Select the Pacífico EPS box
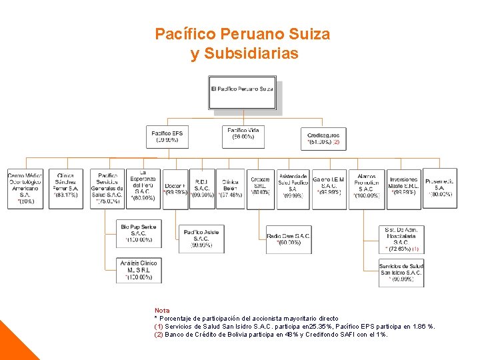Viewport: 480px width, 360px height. [x=167, y=137]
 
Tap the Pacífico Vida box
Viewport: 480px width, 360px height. [x=243, y=137]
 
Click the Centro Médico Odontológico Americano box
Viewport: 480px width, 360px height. [x=25, y=189]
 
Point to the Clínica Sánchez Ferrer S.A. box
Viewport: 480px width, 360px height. [x=65, y=189]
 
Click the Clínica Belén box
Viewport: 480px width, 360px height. [x=230, y=189]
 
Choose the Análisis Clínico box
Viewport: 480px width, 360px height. [x=139, y=270]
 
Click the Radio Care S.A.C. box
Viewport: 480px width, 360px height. [x=288, y=239]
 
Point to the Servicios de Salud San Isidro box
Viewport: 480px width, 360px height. [x=401, y=273]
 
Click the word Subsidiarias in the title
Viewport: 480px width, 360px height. [x=244, y=54]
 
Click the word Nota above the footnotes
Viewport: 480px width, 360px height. [x=162, y=311]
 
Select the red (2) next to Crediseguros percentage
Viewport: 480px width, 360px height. [x=337, y=142]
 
